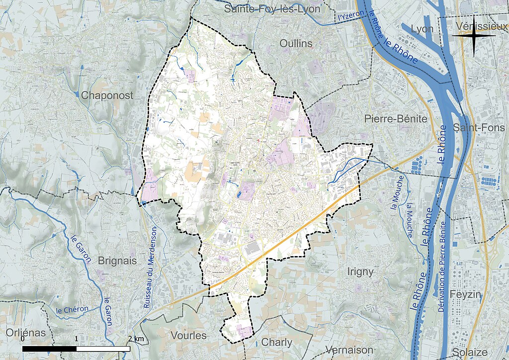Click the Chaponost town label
[107, 95]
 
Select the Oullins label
[296, 43]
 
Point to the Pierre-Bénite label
[396, 119]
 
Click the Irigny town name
[360, 271]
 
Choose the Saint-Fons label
[479, 128]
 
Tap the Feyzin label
[466, 294]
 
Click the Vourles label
[188, 335]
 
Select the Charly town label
[276, 342]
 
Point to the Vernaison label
[349, 350]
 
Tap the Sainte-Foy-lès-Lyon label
[272, 8]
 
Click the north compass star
[474, 35]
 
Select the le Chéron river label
[72, 309]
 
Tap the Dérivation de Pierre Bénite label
[442, 267]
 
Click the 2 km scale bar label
[137, 339]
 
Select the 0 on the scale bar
[23, 339]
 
